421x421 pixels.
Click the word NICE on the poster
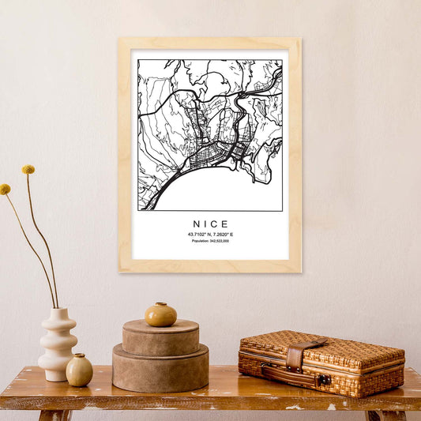click(x=210, y=224)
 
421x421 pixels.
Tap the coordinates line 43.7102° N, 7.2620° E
click(x=210, y=235)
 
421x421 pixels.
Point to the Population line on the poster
click(x=210, y=241)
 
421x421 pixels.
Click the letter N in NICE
click(x=195, y=224)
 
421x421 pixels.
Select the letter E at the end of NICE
click(x=225, y=224)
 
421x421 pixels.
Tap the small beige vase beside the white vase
click(x=79, y=370)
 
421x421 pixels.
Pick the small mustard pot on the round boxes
click(x=160, y=314)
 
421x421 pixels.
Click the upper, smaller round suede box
click(x=160, y=338)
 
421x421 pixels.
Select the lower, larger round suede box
click(x=160, y=369)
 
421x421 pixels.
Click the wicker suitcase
click(x=321, y=363)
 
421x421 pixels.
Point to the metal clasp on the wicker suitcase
click(x=323, y=380)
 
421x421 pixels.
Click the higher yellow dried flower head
click(x=28, y=169)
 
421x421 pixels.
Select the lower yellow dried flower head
click(x=6, y=190)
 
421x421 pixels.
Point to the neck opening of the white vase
click(x=58, y=310)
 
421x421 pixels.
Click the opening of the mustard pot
click(x=160, y=304)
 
